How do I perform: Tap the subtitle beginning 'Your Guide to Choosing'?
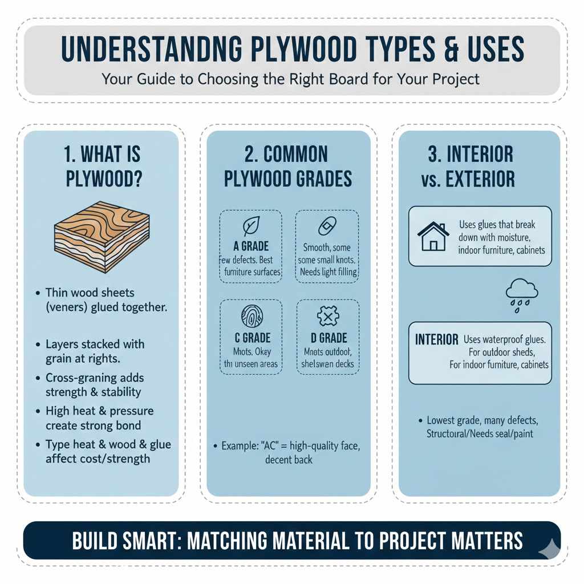(x=291, y=78)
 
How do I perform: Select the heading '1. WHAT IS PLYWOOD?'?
(x=102, y=166)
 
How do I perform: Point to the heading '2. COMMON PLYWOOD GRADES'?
(x=288, y=166)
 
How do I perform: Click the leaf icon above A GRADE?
(x=251, y=226)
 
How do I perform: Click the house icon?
(x=434, y=236)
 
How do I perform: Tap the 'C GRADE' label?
(x=252, y=338)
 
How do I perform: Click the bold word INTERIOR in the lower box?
(x=437, y=340)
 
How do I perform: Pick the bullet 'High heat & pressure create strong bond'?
(x=99, y=418)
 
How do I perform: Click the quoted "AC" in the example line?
(x=271, y=445)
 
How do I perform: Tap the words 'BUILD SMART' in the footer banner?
(x=127, y=540)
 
